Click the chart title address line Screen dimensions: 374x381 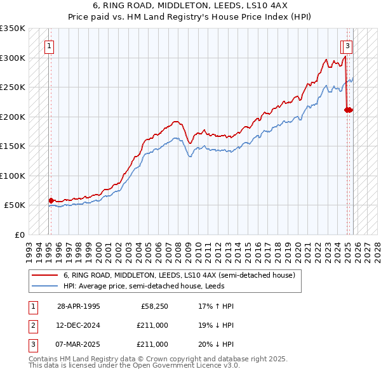click(x=190, y=7)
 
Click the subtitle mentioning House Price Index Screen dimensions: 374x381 click(x=190, y=18)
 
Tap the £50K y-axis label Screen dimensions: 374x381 click(x=15, y=205)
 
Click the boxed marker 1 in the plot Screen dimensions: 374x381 click(x=50, y=46)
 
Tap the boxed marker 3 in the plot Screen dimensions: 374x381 click(x=349, y=46)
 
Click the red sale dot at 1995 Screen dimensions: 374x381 click(x=51, y=200)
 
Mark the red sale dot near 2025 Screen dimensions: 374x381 click(x=348, y=110)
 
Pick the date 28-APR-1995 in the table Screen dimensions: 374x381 click(x=78, y=306)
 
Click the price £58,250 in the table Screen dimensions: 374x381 click(x=152, y=306)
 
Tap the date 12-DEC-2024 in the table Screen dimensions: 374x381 click(x=78, y=325)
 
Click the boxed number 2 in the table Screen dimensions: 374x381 click(x=32, y=325)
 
